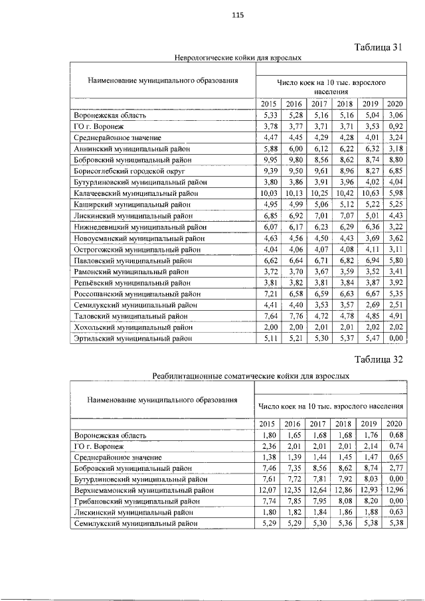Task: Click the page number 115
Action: click(x=219, y=17)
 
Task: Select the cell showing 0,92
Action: click(x=395, y=125)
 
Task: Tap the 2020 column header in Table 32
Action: click(x=393, y=424)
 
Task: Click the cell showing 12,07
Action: click(x=268, y=489)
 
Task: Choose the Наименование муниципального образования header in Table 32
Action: click(x=162, y=400)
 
